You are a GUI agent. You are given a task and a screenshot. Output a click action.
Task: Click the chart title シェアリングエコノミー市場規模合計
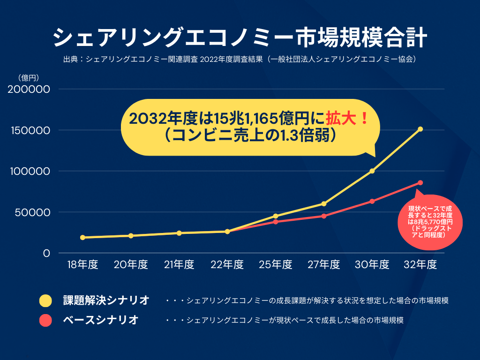[x=240, y=37]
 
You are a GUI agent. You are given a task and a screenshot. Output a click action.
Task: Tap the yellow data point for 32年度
[x=420, y=129]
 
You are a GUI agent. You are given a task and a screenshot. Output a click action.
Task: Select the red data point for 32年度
[x=420, y=183]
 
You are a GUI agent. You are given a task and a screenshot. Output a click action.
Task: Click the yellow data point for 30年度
[x=372, y=171]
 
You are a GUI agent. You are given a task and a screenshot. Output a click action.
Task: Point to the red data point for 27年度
[x=324, y=216]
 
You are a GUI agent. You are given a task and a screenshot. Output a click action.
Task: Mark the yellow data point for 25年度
[x=276, y=216]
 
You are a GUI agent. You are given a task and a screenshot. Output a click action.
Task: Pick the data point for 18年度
[x=82, y=238]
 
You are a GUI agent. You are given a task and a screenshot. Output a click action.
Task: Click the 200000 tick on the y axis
[x=29, y=89]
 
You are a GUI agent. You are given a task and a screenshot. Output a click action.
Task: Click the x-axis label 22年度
[x=227, y=265]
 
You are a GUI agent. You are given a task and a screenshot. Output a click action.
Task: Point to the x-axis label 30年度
[x=372, y=265]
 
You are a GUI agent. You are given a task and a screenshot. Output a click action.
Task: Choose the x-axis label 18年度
[x=82, y=265]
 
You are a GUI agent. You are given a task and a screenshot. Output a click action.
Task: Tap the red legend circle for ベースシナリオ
[x=45, y=321]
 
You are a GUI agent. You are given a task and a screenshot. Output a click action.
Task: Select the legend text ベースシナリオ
[x=101, y=321]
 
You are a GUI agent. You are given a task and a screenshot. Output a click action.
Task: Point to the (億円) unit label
[x=28, y=77]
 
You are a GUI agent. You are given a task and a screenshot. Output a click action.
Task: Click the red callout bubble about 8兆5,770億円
[x=430, y=221]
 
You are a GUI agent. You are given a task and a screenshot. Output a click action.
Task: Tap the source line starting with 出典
[x=240, y=60]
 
